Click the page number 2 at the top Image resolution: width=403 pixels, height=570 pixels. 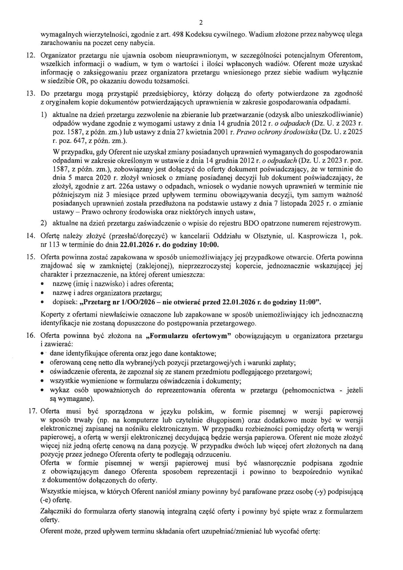pos(201,23)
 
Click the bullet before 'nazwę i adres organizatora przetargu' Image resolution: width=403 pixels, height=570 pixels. pos(42,293)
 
